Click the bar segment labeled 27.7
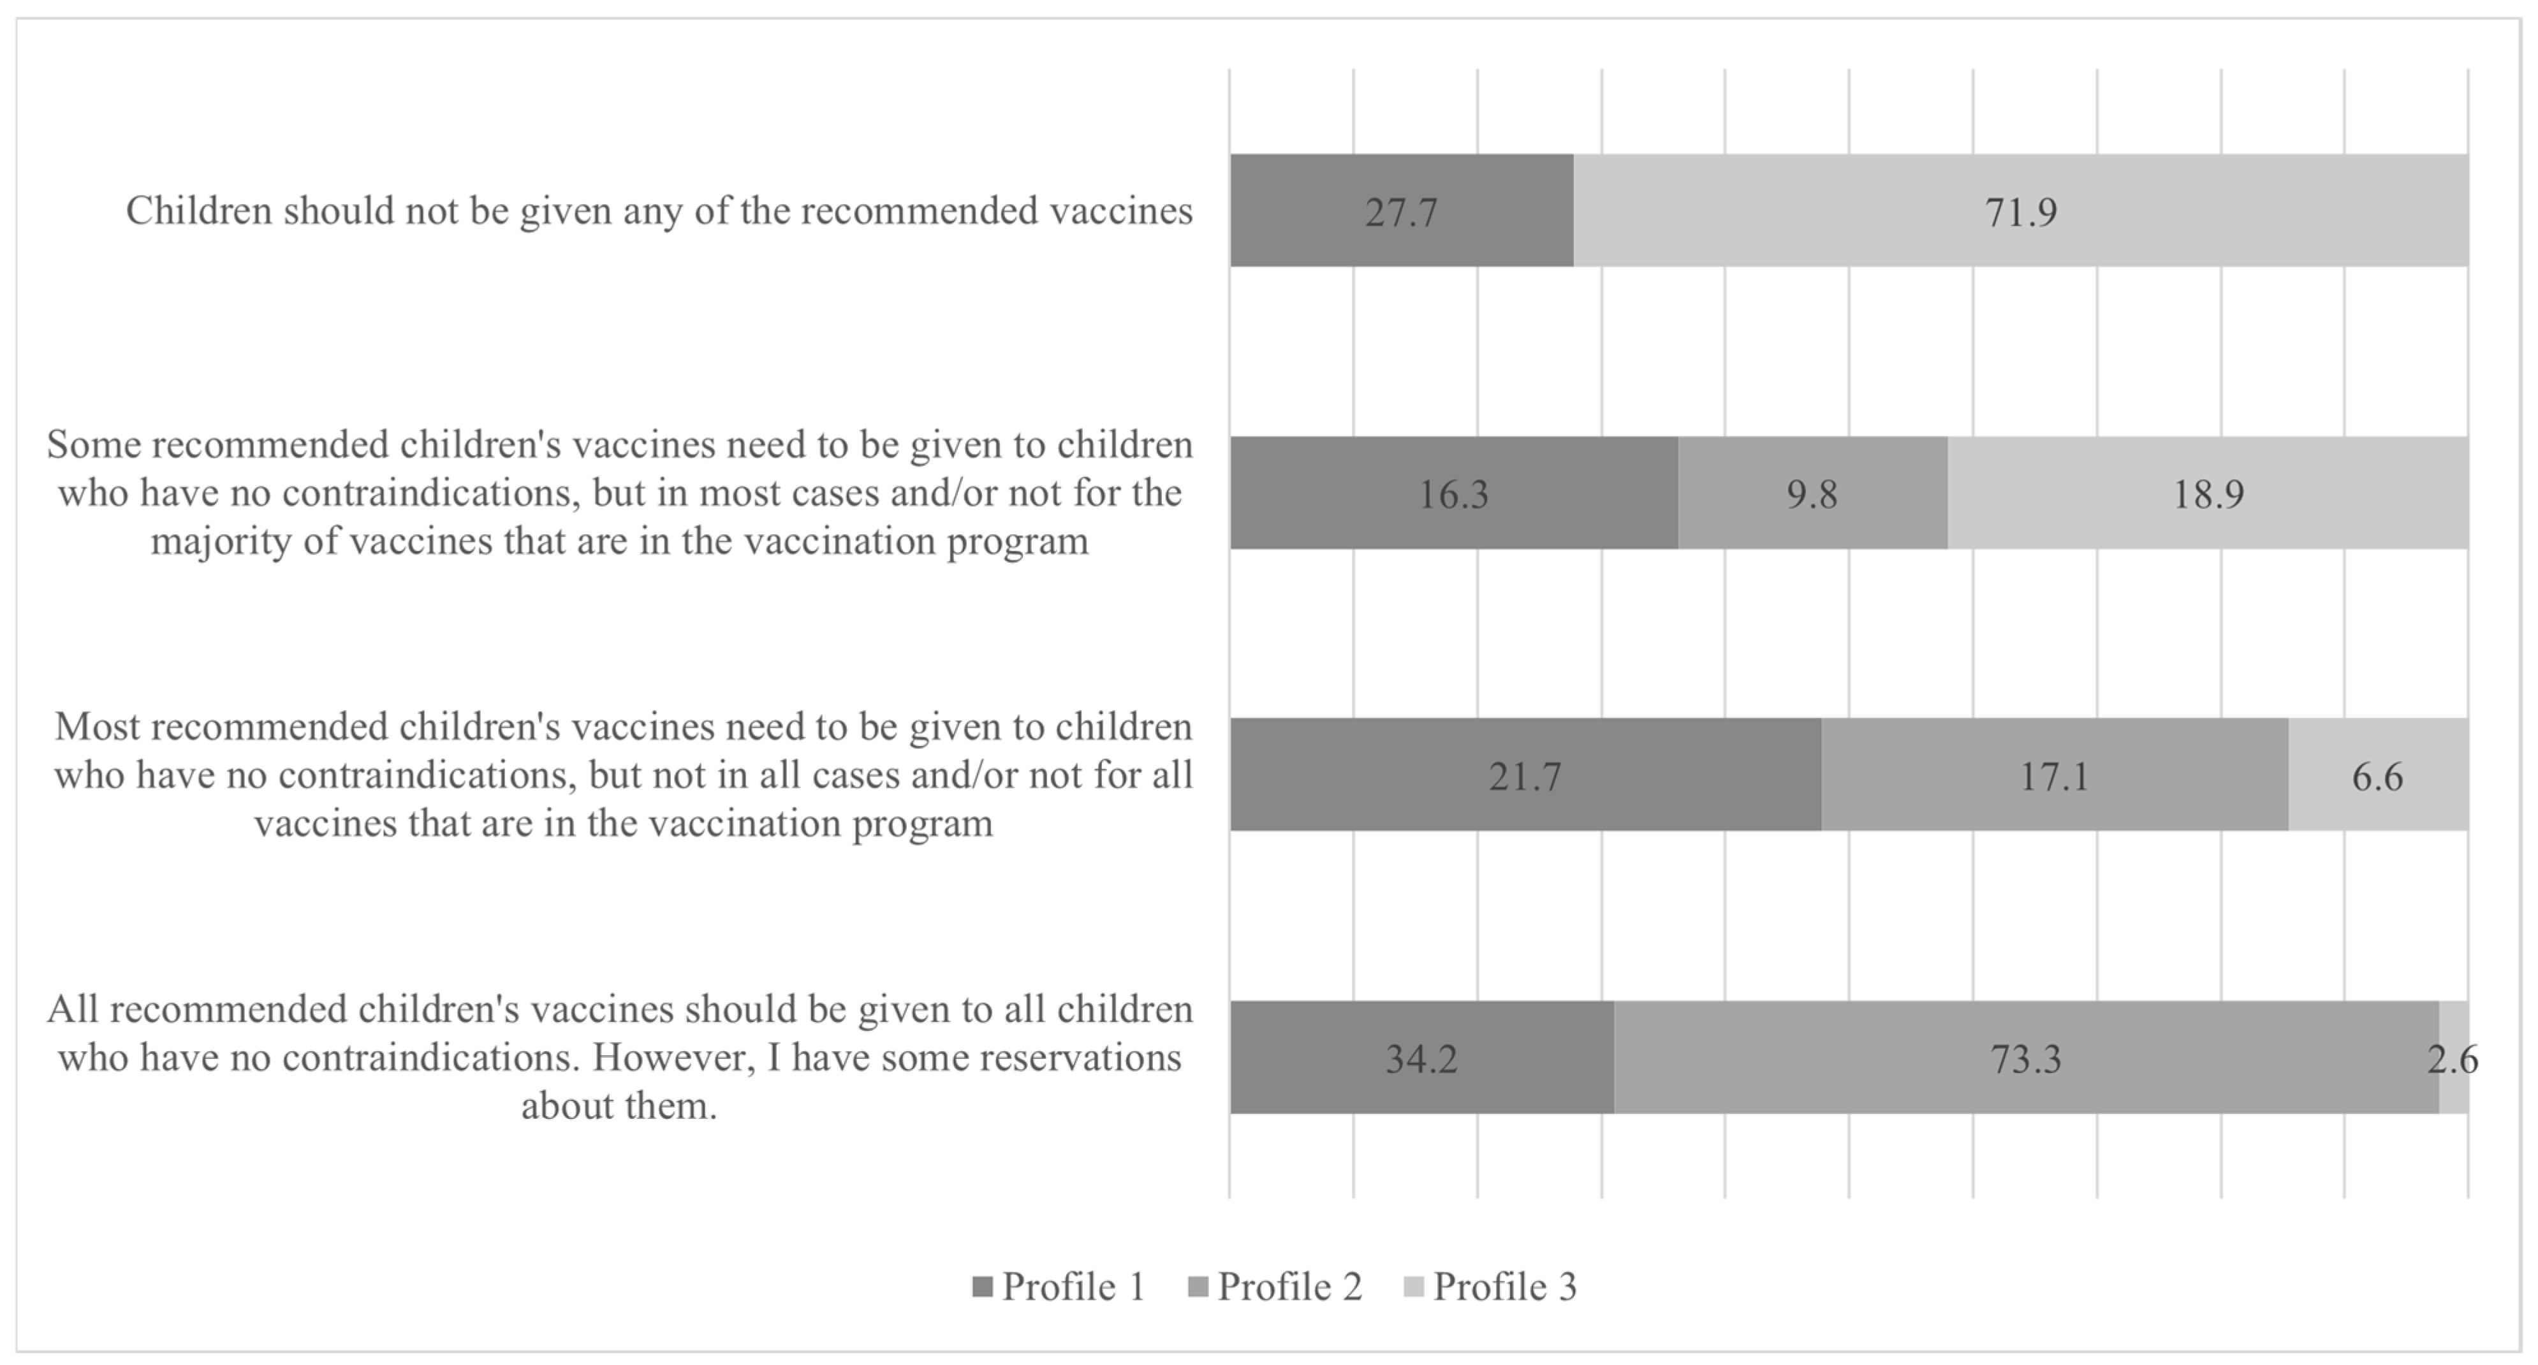point(1401,211)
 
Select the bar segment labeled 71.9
point(2020,211)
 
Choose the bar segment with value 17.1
point(2054,775)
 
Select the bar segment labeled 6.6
point(2377,775)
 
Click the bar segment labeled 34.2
point(1421,1058)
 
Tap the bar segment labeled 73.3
point(2026,1058)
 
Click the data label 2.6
point(2451,1058)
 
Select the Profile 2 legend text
point(1289,1286)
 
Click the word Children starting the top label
point(199,211)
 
